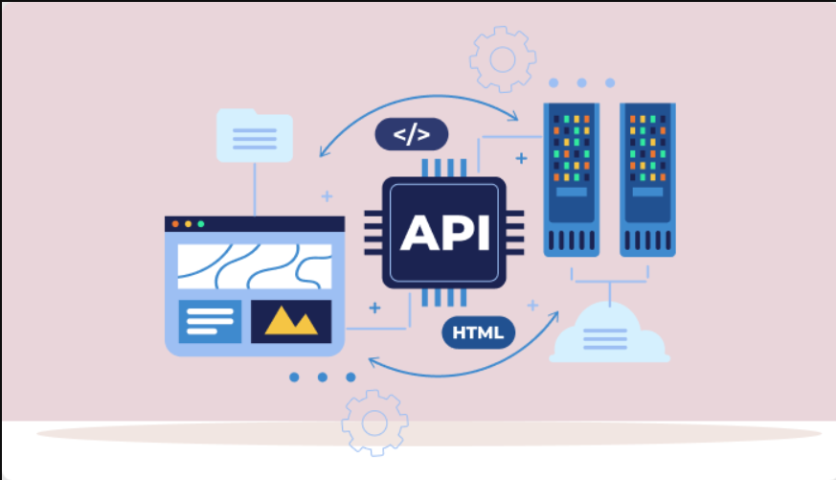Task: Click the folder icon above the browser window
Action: [x=255, y=134]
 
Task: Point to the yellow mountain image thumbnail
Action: [x=291, y=321]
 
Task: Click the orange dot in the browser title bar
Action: [x=175, y=224]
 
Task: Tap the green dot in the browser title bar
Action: [x=201, y=224]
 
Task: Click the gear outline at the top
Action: [x=502, y=59]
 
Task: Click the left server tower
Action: [x=573, y=179]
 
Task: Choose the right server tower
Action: [x=647, y=179]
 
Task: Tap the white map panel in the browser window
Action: [x=255, y=266]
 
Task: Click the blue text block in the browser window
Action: [x=210, y=321]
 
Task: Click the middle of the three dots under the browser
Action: [x=323, y=377]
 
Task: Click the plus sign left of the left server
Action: [x=521, y=157]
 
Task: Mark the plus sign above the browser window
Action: [x=327, y=196]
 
